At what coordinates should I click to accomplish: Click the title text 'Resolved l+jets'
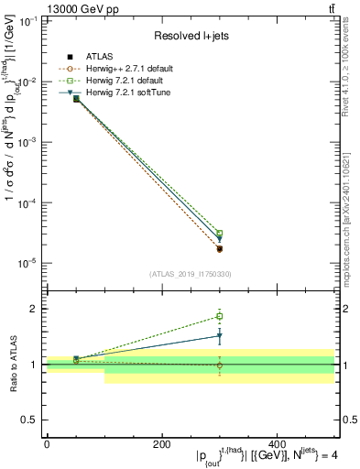(190, 36)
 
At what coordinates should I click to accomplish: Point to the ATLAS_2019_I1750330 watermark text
(190, 274)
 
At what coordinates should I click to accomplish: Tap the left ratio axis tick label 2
(34, 309)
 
